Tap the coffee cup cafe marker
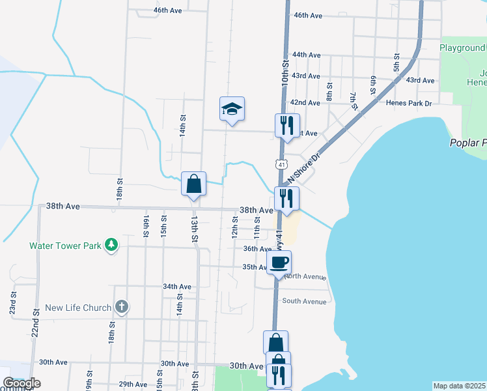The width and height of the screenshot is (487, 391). click(x=279, y=263)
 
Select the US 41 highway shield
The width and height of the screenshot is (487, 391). click(x=281, y=164)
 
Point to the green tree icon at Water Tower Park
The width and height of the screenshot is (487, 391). click(x=113, y=244)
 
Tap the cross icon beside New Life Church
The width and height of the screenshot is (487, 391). click(x=121, y=306)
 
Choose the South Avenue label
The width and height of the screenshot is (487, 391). click(x=304, y=302)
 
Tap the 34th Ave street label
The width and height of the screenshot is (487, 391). click(x=177, y=287)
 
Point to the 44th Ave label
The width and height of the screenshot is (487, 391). click(x=307, y=55)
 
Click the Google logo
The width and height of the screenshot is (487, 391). click(x=21, y=383)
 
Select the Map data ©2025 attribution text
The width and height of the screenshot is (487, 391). click(x=459, y=386)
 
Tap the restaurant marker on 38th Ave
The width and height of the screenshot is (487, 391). click(x=286, y=199)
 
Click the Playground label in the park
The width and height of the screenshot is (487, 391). click(x=462, y=48)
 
